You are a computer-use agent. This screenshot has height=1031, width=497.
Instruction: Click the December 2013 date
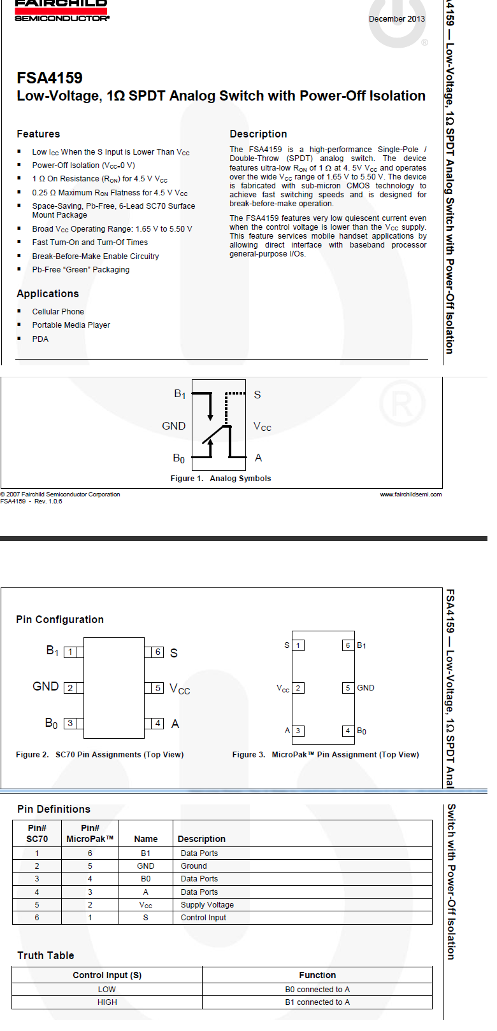tap(396, 19)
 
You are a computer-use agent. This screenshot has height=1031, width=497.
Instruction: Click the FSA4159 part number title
tap(50, 78)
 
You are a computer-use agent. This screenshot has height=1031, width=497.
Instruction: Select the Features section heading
tap(38, 134)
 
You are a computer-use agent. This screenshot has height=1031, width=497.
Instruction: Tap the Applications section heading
tap(48, 293)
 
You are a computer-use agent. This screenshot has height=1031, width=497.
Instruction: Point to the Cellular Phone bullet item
tap(58, 312)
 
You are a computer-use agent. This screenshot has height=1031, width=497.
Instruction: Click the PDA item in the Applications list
tap(40, 339)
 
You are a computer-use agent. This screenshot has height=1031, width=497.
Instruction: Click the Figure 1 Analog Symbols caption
tap(220, 478)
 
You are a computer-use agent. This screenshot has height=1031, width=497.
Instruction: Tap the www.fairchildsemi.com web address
tap(411, 494)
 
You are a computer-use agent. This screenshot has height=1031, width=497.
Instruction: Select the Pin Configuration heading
tap(60, 619)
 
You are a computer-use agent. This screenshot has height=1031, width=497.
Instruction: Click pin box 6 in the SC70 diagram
tap(157, 652)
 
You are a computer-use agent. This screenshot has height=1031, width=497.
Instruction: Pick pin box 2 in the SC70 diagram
tap(70, 688)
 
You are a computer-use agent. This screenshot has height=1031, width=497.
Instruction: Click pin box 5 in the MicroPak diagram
tap(348, 687)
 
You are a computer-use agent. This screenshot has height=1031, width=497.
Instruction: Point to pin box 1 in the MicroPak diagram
tap(298, 645)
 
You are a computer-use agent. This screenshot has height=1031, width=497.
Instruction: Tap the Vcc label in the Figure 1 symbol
tap(262, 426)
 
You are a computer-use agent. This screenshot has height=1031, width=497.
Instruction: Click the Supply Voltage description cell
tap(207, 904)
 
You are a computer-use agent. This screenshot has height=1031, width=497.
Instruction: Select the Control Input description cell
tap(203, 917)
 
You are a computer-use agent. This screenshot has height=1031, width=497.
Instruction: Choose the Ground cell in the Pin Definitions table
tap(194, 866)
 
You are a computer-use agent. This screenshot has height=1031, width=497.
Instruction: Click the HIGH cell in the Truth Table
tap(107, 1002)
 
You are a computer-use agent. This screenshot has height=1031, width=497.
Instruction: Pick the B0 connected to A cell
tap(317, 989)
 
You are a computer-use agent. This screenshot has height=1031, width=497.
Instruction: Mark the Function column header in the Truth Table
tap(317, 975)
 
